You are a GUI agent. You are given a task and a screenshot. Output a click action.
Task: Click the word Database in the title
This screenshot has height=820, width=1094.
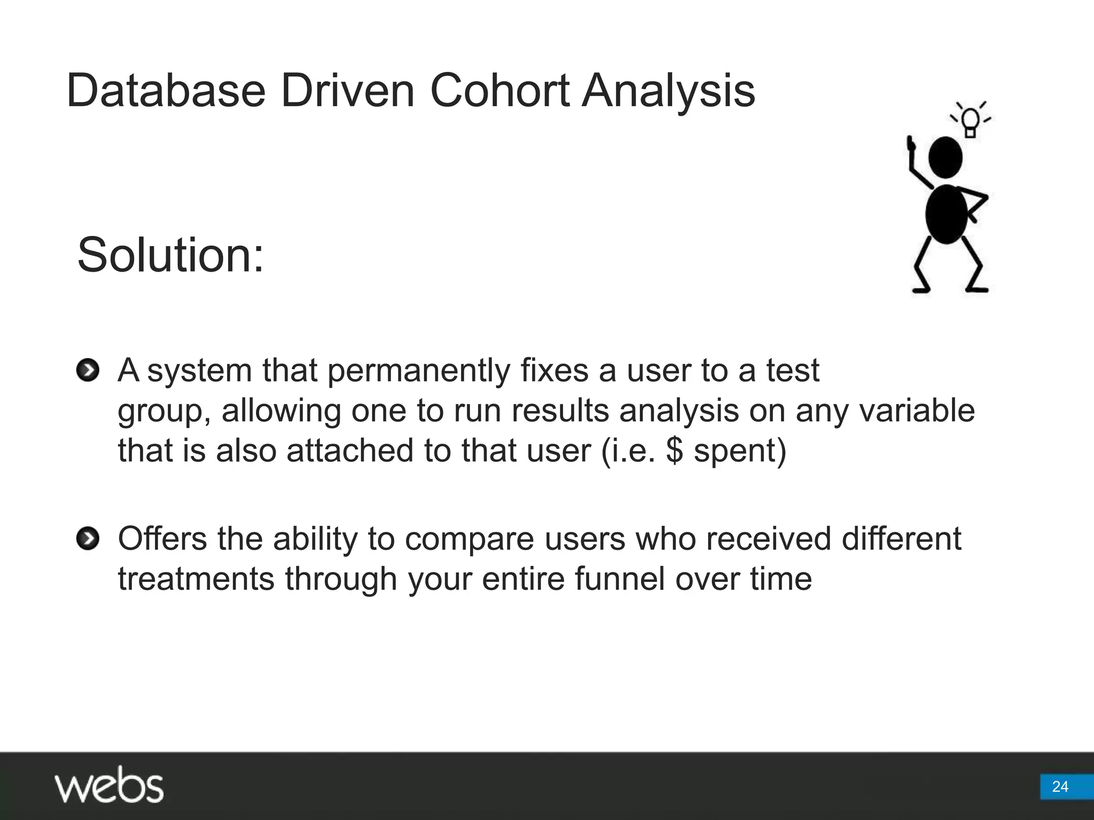(166, 91)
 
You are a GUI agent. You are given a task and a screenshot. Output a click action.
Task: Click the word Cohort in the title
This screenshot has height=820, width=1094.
(499, 91)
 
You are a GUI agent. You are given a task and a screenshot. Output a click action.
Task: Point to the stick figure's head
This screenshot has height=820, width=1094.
(945, 157)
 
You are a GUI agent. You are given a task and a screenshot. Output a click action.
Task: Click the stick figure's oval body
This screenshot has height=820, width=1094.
(946, 214)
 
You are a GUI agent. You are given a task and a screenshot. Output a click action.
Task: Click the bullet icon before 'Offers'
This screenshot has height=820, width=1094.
(88, 539)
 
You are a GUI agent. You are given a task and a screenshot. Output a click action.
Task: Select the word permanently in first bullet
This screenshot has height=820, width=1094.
(418, 371)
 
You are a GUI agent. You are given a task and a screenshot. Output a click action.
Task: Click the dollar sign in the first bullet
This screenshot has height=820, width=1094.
(675, 450)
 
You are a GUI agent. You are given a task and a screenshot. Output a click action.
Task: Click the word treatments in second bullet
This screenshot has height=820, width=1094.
(196, 579)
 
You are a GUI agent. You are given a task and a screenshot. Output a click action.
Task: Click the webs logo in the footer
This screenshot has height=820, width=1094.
(109, 785)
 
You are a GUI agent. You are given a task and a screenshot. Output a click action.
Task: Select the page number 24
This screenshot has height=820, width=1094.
(1060, 786)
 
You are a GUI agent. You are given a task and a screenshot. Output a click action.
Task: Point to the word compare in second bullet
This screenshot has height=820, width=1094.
(469, 539)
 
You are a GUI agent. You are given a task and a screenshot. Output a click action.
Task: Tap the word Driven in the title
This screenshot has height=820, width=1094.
(348, 91)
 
